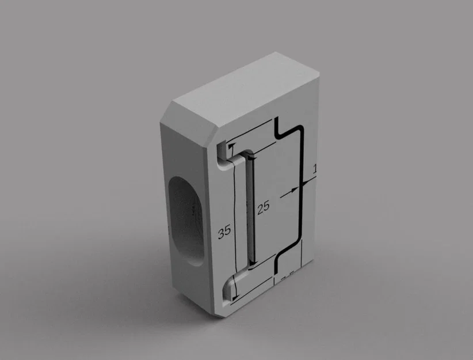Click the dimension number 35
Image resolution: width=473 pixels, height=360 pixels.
pyautogui.click(x=224, y=232)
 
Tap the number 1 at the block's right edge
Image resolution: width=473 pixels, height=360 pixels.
pyautogui.click(x=314, y=169)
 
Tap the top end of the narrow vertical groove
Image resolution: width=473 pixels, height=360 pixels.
pyautogui.click(x=249, y=156)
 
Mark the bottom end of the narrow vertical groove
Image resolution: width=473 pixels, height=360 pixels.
pyautogui.click(x=252, y=266)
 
